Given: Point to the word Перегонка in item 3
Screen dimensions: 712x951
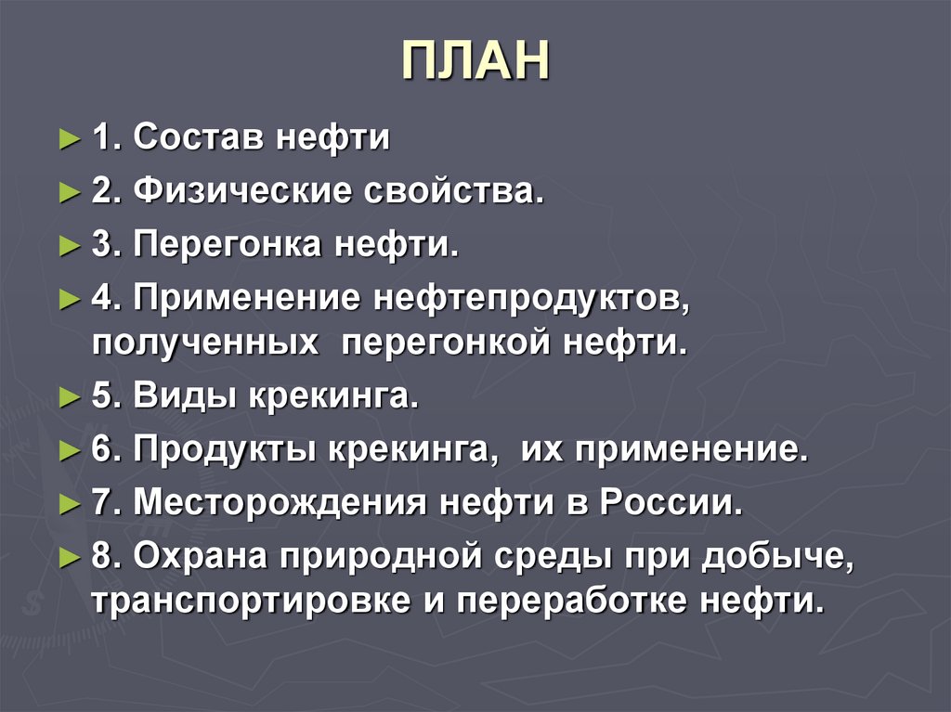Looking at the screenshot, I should point(227,247).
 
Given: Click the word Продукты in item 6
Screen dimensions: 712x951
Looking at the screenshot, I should point(224,452).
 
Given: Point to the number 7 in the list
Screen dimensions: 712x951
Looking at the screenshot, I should point(101,504).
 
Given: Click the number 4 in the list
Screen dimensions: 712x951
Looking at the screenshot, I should point(101,300).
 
